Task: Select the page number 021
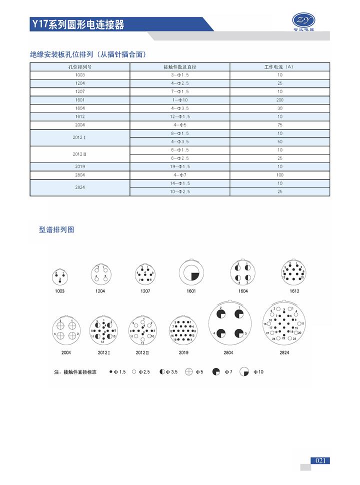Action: pos(321,460)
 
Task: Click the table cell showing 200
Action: pos(279,100)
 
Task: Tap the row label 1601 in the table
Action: pos(80,100)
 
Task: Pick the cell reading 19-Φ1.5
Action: pos(180,166)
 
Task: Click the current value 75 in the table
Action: pos(279,125)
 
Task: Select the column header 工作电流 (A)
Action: pos(279,66)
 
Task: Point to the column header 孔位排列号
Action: pos(80,66)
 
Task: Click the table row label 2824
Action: pos(80,187)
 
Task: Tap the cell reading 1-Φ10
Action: pos(180,100)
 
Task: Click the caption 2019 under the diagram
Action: pos(184,352)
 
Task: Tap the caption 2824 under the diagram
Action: pos(284,352)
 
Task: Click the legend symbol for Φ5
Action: pos(188,372)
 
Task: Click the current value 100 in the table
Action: pos(279,175)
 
